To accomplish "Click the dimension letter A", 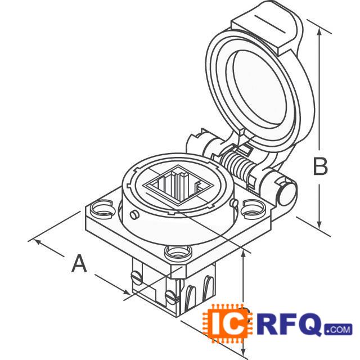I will click(x=80, y=263).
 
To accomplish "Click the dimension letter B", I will click(x=320, y=167).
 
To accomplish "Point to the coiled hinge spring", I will click(x=238, y=164).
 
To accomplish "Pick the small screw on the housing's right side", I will click(x=233, y=202).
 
